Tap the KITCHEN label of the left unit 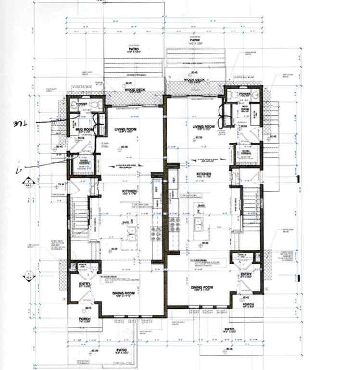[x=129, y=192]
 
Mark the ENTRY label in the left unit [x=85, y=284]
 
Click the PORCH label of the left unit [x=84, y=318]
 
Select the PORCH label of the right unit [x=248, y=304]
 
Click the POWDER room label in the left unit [x=80, y=103]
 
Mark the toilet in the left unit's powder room [x=94, y=104]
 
